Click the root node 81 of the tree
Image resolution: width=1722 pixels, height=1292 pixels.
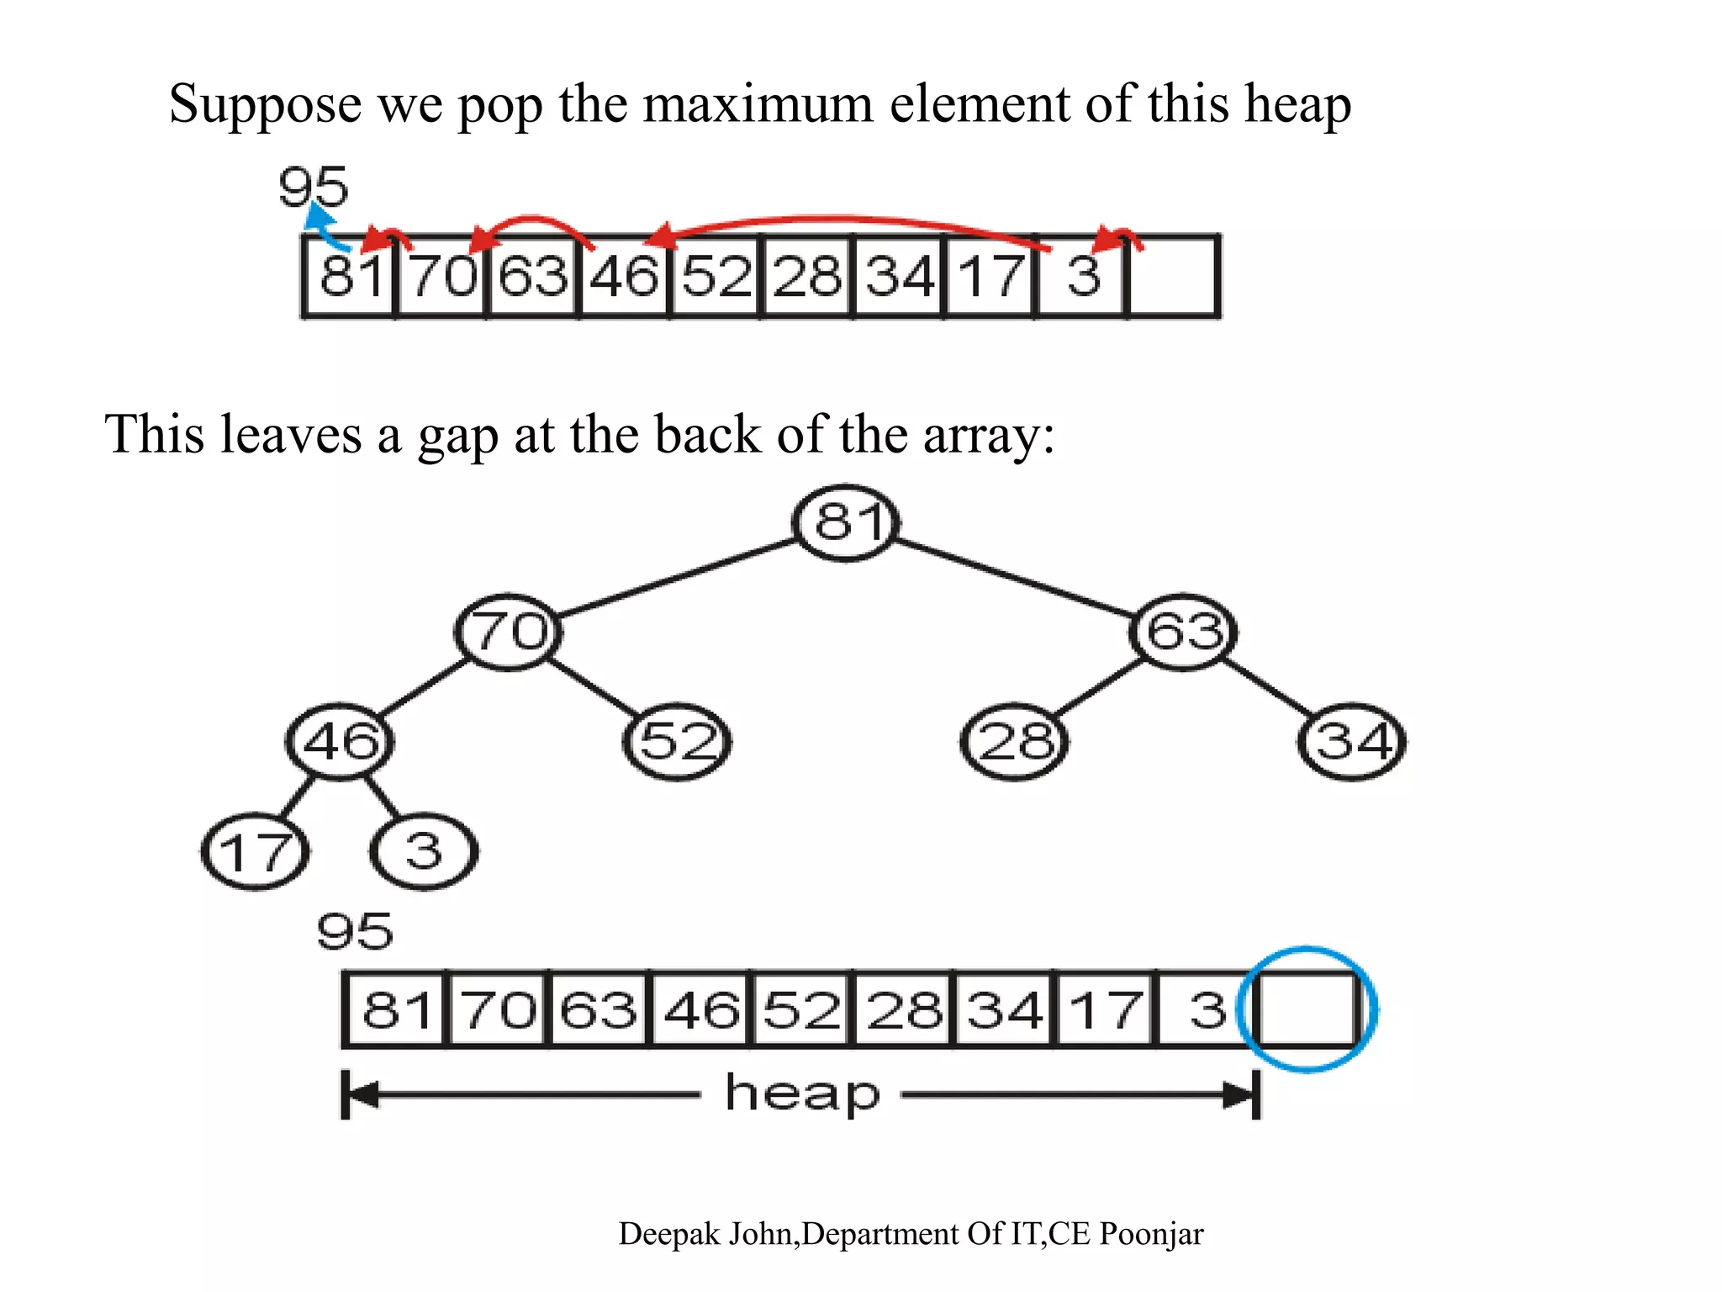pos(847,522)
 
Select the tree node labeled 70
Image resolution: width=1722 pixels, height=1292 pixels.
pos(509,632)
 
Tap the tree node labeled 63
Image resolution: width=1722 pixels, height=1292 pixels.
pos(1183,632)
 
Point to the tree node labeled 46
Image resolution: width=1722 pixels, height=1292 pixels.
pos(340,741)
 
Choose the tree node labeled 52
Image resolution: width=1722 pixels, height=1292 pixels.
pos(678,741)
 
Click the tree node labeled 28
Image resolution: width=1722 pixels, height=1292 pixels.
pos(1015,741)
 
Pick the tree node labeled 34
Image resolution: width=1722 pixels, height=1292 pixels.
pos(1352,741)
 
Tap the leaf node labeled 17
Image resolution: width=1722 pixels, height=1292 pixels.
pos(256,851)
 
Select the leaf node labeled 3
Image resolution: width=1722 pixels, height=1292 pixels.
pos(424,851)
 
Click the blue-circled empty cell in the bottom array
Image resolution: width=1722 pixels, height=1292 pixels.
pos(1307,1009)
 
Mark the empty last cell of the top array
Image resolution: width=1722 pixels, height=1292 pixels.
pos(1174,276)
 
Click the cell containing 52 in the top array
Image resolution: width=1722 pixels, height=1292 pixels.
pos(716,276)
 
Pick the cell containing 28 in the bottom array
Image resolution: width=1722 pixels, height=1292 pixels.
pos(904,1009)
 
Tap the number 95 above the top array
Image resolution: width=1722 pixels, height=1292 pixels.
pos(313,187)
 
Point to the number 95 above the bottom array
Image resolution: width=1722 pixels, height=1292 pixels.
pos(355,931)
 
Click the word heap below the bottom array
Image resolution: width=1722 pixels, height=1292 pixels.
pos(802,1093)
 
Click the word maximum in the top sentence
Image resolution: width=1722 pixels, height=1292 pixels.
pos(758,104)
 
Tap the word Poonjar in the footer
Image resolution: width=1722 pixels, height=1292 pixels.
pos(1151,1234)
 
